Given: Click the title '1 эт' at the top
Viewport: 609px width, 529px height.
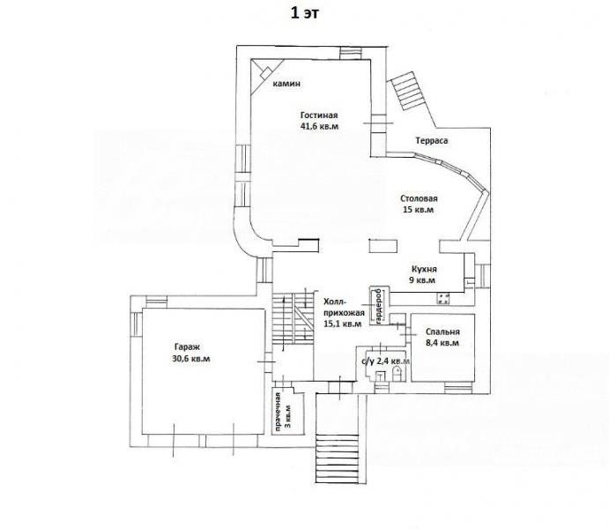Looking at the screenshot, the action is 305,13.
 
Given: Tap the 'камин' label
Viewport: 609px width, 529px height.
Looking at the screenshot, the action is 286,84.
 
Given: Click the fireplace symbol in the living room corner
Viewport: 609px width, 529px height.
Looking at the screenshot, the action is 266,72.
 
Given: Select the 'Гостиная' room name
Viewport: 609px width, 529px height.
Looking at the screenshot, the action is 319,115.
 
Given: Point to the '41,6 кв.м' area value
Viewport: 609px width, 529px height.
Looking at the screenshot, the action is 319,126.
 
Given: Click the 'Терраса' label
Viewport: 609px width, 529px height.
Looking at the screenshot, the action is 432,140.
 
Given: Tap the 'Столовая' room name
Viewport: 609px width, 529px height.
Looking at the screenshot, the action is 420,199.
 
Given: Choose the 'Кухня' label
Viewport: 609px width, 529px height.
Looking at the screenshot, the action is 424,269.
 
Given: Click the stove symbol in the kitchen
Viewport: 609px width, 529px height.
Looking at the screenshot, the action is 443,298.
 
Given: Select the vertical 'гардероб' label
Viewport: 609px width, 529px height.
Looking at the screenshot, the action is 379,306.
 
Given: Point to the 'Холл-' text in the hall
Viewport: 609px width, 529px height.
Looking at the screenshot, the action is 334,302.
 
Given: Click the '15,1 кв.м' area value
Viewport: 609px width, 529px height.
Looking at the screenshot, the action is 343,324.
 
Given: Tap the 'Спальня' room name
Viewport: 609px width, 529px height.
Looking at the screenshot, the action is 442,332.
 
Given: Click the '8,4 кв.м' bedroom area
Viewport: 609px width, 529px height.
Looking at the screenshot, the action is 442,343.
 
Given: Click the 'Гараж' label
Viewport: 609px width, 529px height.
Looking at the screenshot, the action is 187,347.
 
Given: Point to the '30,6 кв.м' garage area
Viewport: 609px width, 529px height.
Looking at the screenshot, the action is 191,359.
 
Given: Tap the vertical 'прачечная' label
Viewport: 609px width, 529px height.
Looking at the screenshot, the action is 279,412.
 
